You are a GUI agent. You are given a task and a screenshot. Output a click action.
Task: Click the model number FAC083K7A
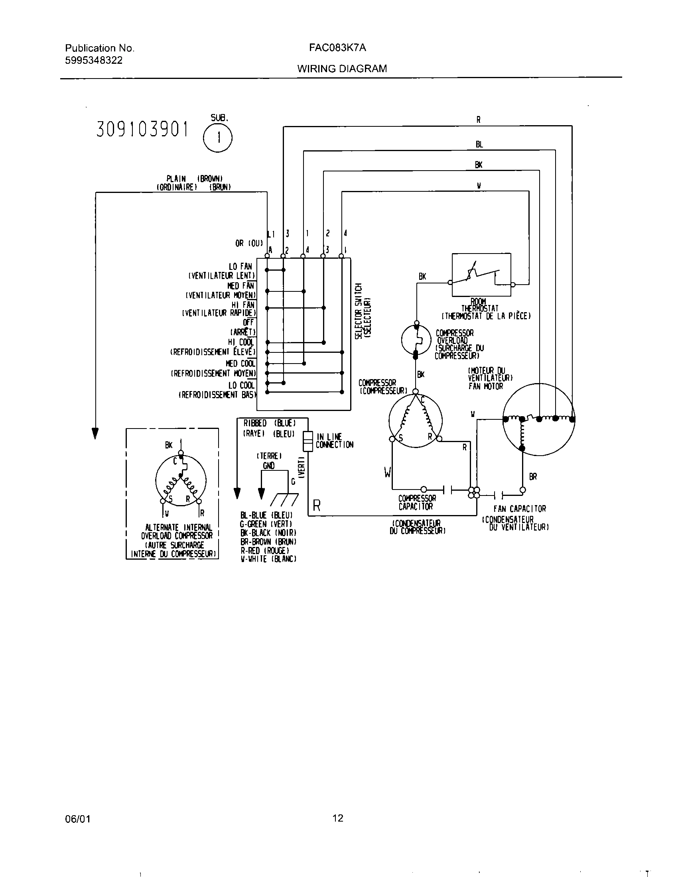337,48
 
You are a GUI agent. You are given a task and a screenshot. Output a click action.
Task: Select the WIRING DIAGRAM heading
342,69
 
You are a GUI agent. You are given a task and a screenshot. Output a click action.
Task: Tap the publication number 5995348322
94,61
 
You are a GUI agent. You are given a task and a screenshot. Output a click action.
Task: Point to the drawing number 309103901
142,130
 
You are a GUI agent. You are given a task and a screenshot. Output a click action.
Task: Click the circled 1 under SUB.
218,138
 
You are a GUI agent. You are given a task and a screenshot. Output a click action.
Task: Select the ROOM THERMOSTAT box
481,275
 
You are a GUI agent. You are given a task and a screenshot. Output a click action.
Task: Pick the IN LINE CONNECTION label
334,440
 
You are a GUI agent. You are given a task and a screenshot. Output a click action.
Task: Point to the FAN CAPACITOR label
519,509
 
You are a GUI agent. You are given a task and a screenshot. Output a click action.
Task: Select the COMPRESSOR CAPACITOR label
416,502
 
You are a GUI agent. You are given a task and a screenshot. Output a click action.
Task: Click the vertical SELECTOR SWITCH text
362,311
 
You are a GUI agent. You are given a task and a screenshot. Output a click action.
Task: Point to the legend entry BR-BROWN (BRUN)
268,541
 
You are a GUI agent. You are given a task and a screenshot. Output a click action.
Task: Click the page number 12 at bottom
338,818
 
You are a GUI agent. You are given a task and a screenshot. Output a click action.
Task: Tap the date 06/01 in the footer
77,819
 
